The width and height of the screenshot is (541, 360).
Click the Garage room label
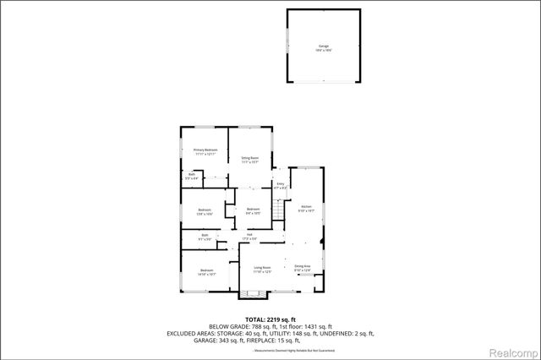tap(324, 47)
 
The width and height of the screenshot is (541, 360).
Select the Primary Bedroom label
tap(205, 151)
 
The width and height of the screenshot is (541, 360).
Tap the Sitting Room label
tap(249, 159)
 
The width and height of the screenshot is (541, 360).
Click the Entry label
tap(280, 185)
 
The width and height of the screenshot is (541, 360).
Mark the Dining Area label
tap(303, 268)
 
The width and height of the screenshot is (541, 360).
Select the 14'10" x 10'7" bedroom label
tap(207, 272)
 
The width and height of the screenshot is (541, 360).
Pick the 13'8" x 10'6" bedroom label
tap(205, 211)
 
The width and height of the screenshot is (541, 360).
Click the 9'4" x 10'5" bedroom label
tap(253, 210)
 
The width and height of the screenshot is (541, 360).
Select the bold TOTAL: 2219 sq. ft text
tap(270, 319)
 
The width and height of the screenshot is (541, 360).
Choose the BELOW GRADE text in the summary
tap(230, 327)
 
